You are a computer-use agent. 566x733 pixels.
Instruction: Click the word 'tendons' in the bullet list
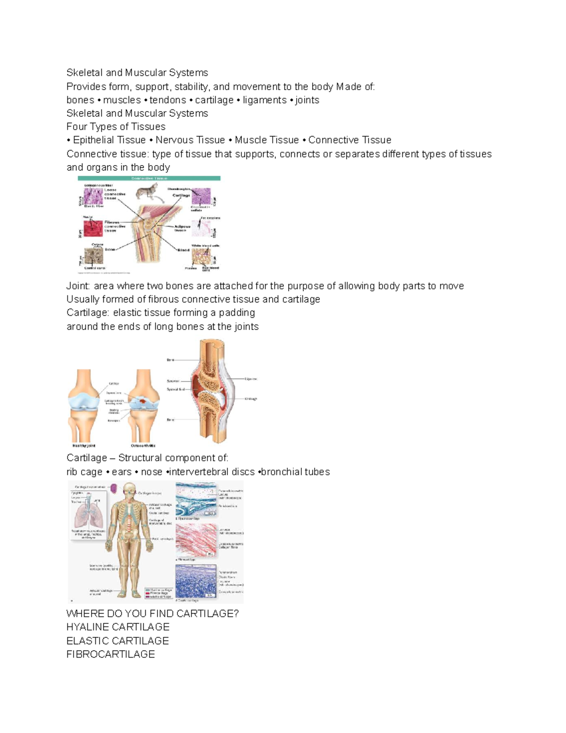click(167, 100)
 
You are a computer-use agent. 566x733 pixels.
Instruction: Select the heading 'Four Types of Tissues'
click(116, 126)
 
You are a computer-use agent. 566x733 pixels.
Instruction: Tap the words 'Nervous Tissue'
click(190, 140)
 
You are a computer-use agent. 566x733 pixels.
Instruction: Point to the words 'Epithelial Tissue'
click(109, 140)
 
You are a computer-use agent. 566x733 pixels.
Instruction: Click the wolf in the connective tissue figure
click(147, 192)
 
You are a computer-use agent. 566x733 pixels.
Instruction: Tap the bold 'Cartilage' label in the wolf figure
click(181, 195)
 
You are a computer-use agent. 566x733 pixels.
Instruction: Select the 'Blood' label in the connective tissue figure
click(183, 250)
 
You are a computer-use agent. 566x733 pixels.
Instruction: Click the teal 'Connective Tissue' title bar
click(149, 178)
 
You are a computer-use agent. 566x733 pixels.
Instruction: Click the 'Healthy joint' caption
click(84, 446)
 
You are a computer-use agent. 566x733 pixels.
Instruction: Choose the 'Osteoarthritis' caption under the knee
click(143, 446)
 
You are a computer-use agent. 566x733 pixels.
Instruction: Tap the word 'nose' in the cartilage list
click(151, 472)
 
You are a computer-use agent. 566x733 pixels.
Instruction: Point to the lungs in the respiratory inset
click(88, 515)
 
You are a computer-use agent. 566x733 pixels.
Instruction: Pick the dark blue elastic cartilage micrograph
click(196, 581)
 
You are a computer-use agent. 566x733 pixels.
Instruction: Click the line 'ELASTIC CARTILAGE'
click(117, 641)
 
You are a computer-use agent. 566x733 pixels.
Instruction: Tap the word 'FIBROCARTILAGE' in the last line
click(110, 654)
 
